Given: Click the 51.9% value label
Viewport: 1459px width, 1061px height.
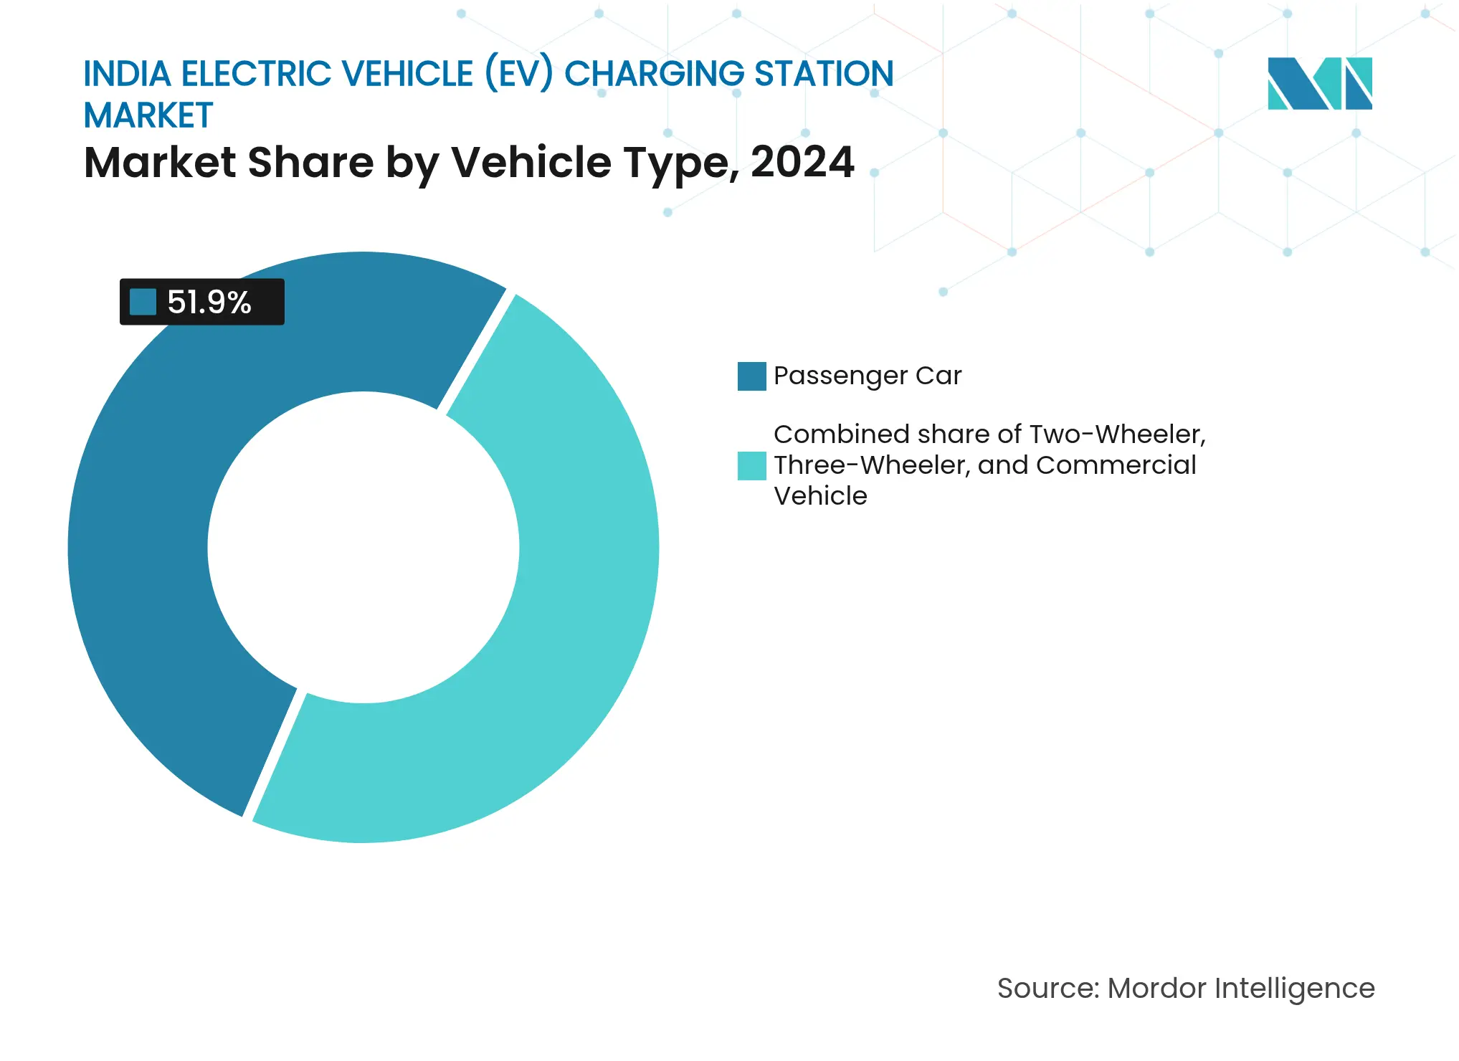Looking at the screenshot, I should (209, 302).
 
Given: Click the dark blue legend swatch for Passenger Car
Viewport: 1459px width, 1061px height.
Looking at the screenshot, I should (751, 376).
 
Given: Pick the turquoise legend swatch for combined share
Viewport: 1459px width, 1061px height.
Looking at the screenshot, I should (751, 466).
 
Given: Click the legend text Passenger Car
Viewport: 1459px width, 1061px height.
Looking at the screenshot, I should (868, 376).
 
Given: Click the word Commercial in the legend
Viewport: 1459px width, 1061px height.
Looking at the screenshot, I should (1116, 465).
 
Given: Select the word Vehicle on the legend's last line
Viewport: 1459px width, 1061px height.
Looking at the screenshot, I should (820, 496).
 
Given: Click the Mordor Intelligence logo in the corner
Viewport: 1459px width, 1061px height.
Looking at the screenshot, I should (1319, 83).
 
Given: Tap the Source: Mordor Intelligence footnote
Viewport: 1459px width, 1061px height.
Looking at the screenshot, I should (1186, 989).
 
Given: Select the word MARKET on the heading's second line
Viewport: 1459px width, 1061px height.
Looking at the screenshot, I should (148, 115).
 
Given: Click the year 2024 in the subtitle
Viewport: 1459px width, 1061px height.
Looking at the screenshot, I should (802, 162).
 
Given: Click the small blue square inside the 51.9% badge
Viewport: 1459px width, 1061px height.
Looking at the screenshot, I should (143, 302).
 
